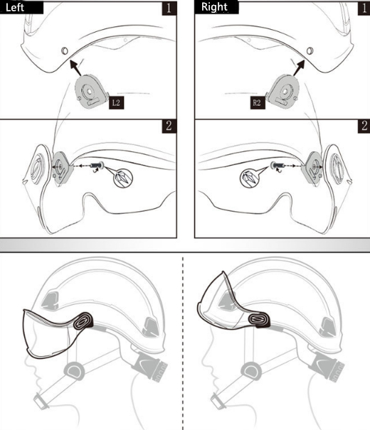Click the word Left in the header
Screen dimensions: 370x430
[14, 7]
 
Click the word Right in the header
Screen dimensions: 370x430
[214, 7]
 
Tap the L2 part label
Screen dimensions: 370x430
[117, 103]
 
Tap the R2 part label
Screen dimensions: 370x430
[258, 103]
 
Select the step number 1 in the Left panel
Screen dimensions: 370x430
[169, 9]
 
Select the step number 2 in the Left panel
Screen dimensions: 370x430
[169, 126]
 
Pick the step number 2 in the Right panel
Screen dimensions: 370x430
[364, 126]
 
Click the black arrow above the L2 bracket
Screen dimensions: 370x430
[75, 68]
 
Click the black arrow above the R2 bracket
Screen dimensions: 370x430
[299, 68]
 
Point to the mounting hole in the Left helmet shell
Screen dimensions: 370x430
[65, 50]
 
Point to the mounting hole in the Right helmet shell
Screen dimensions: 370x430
[310, 50]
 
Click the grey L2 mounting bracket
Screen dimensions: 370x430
[90, 92]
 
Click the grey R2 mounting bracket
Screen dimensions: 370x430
[282, 92]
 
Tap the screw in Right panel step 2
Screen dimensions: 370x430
[276, 166]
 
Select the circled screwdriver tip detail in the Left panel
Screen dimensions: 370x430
[123, 178]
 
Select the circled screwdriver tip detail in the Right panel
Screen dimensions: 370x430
[250, 178]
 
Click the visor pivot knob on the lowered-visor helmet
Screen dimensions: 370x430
[83, 321]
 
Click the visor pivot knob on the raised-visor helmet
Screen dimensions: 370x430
[259, 320]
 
